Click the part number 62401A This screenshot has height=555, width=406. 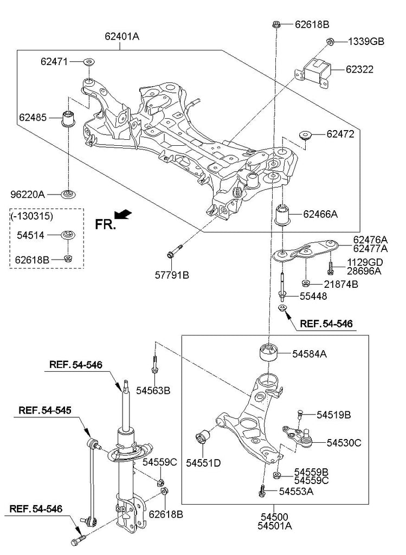[x=123, y=37]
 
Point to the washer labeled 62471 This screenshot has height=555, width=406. [x=88, y=62]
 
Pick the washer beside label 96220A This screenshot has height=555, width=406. [x=68, y=193]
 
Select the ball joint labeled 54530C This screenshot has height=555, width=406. [x=297, y=435]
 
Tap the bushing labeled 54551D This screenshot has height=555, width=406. [x=204, y=437]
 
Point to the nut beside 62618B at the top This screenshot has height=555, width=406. [x=276, y=24]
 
